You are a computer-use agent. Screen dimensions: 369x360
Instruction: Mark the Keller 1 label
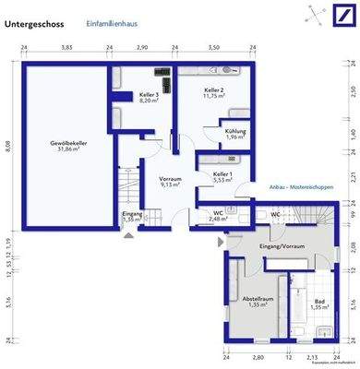[222, 176]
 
